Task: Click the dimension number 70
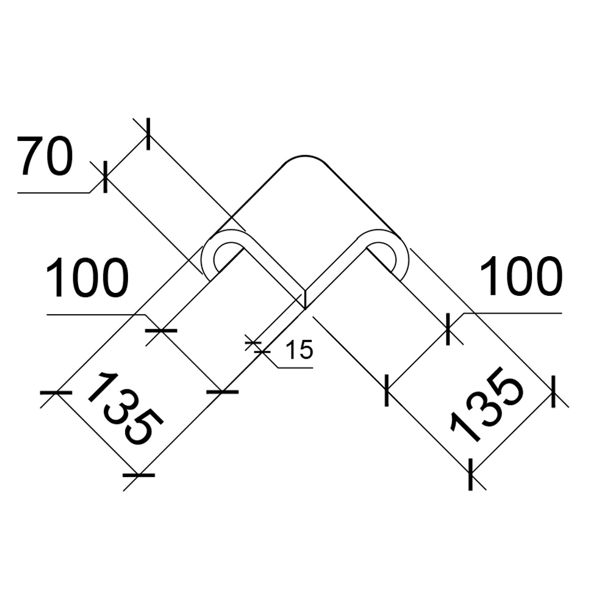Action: coord(45,156)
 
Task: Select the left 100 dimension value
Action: coord(87,278)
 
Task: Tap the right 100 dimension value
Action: coord(522,276)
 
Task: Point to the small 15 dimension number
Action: coord(299,349)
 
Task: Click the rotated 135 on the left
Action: coord(125,409)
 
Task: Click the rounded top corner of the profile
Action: coord(305,159)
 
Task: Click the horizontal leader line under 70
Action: coord(54,192)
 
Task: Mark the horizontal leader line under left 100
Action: coord(96,314)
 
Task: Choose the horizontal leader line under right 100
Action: coord(512,312)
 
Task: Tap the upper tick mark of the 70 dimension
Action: coord(148,134)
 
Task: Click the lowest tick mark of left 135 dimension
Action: coord(138,475)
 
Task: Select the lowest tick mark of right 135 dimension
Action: coord(471,474)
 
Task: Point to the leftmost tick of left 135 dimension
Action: coord(56,392)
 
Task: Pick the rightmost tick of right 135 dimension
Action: coord(554,392)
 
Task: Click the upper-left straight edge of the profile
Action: coord(249,198)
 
